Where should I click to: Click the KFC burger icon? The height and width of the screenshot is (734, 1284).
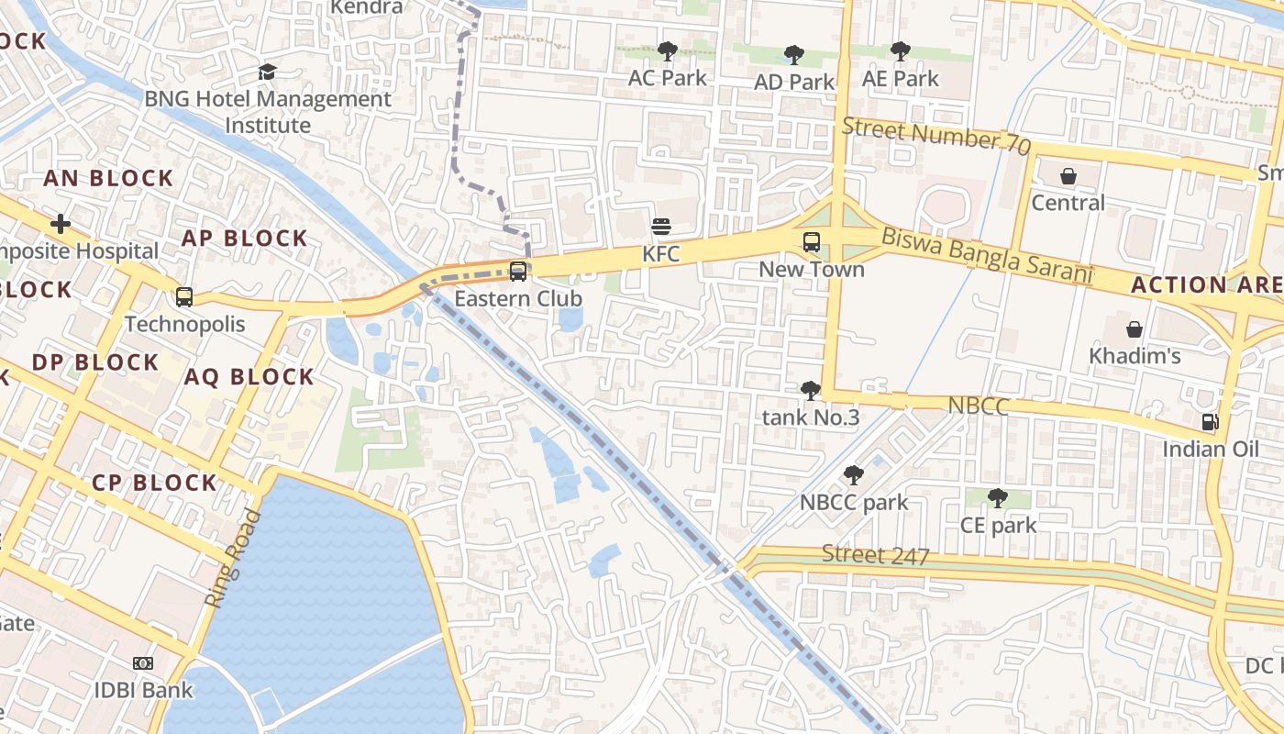click(x=661, y=226)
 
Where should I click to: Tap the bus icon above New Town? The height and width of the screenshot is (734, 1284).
click(x=812, y=242)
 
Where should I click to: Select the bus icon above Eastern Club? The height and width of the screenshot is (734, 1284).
click(x=518, y=272)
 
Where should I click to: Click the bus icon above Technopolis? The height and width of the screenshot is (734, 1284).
click(x=184, y=297)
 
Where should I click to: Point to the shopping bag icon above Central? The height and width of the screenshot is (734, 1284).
click(x=1068, y=175)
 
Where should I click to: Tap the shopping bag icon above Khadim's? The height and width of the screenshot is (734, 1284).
click(x=1135, y=328)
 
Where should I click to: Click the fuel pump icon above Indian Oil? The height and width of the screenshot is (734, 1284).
click(x=1211, y=422)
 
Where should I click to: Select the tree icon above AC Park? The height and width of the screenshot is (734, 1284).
click(x=668, y=51)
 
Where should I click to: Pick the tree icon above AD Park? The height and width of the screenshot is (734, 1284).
click(x=794, y=55)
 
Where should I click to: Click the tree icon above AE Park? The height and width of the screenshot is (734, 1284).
click(x=901, y=51)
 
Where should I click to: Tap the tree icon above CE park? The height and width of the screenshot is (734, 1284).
click(x=998, y=498)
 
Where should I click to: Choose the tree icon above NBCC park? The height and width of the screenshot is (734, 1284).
click(x=854, y=475)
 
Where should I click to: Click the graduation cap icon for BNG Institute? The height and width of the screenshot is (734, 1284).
click(x=267, y=72)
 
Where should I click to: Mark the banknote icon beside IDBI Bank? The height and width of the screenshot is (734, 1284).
click(x=143, y=663)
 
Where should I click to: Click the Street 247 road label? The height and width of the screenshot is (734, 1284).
click(x=875, y=555)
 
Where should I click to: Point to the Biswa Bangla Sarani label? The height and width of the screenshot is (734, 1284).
click(x=987, y=256)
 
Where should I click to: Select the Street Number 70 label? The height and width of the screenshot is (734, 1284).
click(x=935, y=136)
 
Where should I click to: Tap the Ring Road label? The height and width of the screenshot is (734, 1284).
click(x=233, y=559)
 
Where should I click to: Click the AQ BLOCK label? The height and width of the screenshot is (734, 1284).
click(x=249, y=377)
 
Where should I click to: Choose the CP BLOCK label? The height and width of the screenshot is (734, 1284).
click(x=154, y=483)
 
